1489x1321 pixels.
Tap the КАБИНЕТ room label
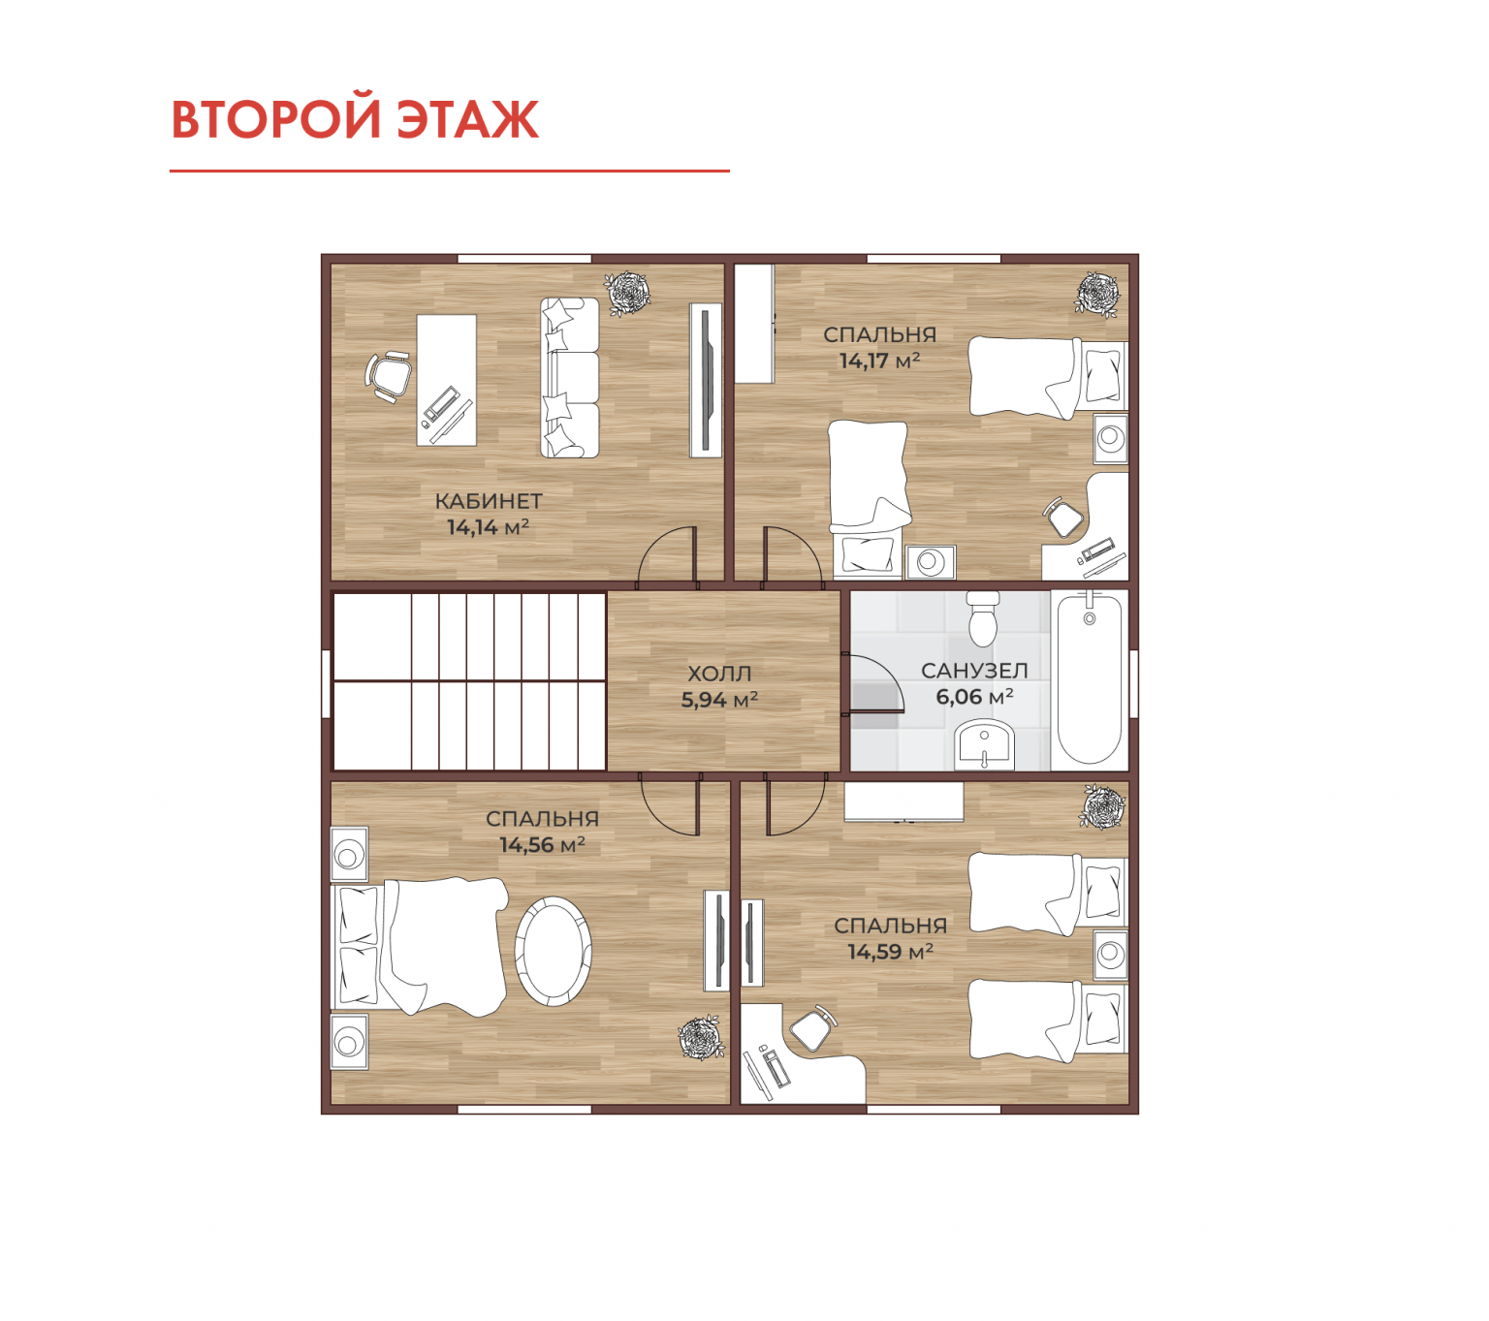(x=488, y=501)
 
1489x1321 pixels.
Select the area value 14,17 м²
(x=879, y=361)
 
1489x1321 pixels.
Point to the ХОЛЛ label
(x=718, y=673)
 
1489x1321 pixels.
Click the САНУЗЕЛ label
(x=974, y=670)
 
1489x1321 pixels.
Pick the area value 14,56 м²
(x=542, y=844)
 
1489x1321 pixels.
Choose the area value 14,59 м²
(x=890, y=952)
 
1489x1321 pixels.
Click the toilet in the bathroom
(x=983, y=618)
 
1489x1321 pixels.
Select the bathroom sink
(x=984, y=745)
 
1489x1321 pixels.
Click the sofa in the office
(x=570, y=378)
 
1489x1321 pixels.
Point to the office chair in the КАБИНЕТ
(x=388, y=376)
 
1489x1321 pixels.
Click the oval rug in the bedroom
(x=553, y=951)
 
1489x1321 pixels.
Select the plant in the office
(x=627, y=293)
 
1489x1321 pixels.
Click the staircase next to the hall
(x=469, y=681)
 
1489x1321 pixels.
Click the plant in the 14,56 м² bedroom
(x=701, y=1037)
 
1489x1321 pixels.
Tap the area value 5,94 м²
(x=718, y=700)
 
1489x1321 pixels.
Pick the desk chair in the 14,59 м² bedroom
(x=811, y=1028)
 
